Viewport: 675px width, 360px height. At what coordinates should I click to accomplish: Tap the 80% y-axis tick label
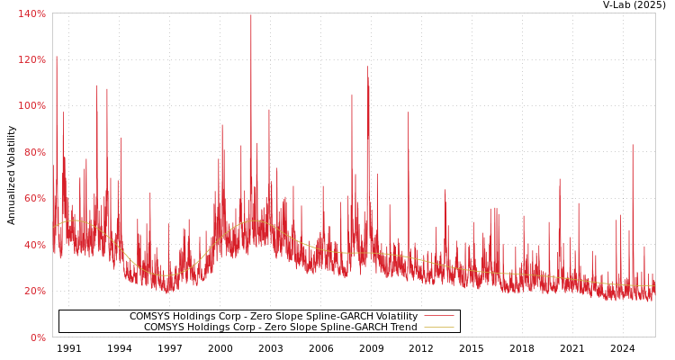[34, 152]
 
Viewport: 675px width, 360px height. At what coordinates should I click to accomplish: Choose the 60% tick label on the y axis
[34, 198]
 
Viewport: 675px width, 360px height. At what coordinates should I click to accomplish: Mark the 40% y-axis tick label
[34, 245]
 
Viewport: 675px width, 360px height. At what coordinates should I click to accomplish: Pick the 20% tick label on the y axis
[34, 291]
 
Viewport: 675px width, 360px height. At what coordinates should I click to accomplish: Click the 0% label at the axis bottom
[38, 337]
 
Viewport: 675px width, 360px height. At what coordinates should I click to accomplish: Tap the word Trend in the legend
[402, 328]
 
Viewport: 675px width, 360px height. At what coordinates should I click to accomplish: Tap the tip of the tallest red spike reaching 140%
[251, 14]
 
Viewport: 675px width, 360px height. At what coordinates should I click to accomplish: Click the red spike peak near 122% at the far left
[56, 57]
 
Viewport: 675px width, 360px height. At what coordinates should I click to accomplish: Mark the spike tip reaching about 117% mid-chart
[367, 67]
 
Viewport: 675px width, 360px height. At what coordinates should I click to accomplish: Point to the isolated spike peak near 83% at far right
[632, 145]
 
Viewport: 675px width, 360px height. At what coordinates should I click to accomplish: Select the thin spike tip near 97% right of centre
[408, 112]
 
